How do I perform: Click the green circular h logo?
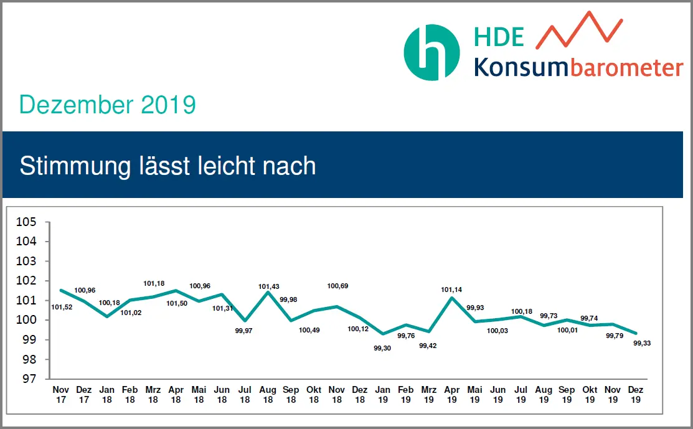click(432, 52)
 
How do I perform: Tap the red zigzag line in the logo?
click(579, 31)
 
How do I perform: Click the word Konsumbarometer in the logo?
click(578, 67)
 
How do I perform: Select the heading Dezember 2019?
click(107, 105)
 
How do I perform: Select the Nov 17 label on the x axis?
click(60, 395)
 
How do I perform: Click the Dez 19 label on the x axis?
click(636, 395)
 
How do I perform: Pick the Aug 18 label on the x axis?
click(268, 395)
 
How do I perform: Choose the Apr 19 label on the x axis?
click(452, 395)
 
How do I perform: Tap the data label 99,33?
click(642, 343)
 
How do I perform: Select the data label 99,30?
click(382, 348)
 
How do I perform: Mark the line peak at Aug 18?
click(268, 291)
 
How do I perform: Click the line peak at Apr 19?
click(452, 298)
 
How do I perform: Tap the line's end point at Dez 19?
click(636, 333)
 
